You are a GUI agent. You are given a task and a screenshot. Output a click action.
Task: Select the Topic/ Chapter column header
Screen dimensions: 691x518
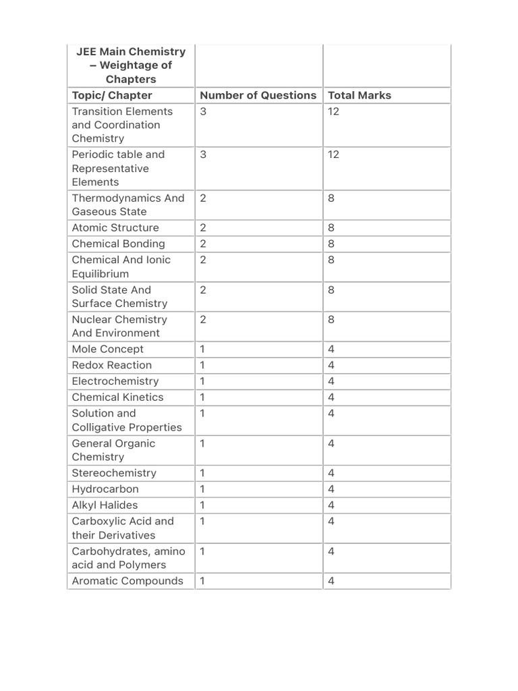tap(112, 95)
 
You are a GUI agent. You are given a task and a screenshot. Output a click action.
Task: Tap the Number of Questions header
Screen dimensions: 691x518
tap(258, 95)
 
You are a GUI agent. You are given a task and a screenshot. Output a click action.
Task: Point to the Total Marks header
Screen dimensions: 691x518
tap(359, 95)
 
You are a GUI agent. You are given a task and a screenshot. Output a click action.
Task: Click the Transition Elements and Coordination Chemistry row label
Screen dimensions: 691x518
tap(122, 125)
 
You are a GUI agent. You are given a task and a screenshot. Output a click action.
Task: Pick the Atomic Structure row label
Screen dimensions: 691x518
tap(115, 227)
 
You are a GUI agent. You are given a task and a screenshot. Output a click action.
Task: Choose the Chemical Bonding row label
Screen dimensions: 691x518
tap(118, 244)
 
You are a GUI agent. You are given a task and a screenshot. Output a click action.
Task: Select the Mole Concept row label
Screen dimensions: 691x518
tap(108, 349)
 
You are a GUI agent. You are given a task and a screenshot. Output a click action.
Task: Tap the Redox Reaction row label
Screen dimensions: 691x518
tap(112, 365)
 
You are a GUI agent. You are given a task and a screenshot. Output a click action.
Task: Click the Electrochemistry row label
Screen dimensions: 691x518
tap(115, 381)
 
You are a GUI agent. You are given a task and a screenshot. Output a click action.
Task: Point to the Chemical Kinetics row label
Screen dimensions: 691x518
tap(117, 397)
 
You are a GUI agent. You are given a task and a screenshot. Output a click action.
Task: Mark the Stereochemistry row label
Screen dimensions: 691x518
tap(114, 473)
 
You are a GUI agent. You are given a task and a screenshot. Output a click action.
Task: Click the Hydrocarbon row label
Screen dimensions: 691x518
tap(105, 489)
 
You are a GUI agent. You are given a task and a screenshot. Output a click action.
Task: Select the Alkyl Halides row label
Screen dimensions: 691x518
tap(105, 505)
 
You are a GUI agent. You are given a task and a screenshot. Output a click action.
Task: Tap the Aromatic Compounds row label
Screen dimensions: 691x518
tap(127, 581)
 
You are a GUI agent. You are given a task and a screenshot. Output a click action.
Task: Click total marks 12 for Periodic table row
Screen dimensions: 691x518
tap(333, 155)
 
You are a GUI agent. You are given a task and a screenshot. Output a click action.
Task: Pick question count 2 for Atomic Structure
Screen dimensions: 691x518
tap(203, 227)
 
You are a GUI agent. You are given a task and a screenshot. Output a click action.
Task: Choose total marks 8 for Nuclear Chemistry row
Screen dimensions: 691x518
tap(331, 319)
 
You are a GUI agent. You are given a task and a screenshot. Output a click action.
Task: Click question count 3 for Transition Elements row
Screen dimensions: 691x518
tap(203, 111)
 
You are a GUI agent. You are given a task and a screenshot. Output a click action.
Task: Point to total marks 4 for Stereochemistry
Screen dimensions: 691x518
tap(331, 473)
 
